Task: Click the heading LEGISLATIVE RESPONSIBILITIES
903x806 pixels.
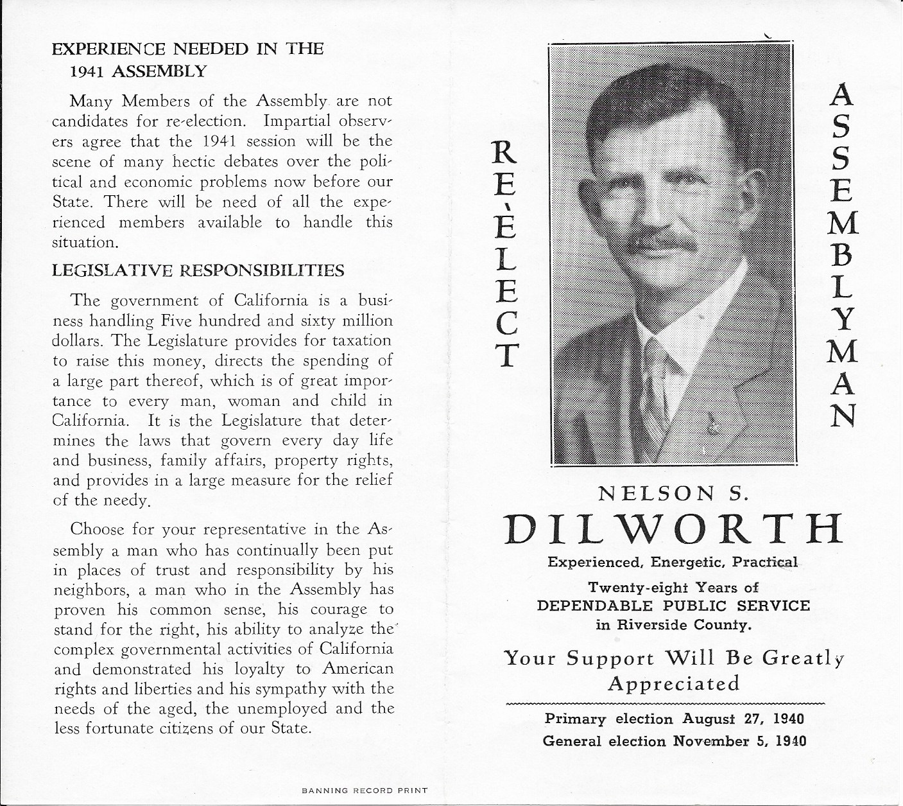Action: pyautogui.click(x=198, y=270)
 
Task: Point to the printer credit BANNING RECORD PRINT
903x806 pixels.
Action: pyautogui.click(x=364, y=791)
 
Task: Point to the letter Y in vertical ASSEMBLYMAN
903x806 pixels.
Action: pyautogui.click(x=843, y=320)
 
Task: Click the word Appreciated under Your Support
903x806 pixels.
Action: pyautogui.click(x=673, y=683)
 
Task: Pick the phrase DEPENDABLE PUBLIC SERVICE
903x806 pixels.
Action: pyautogui.click(x=673, y=606)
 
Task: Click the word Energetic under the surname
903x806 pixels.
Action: pyautogui.click(x=689, y=563)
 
